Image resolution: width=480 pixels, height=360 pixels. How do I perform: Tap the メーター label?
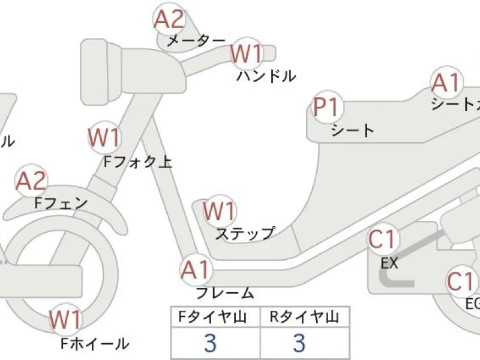196,41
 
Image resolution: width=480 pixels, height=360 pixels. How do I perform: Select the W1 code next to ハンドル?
247,54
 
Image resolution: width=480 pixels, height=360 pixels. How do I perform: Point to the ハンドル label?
266,76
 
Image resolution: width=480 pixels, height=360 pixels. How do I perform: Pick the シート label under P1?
352,130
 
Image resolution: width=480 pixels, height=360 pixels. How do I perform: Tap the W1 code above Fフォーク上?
104,138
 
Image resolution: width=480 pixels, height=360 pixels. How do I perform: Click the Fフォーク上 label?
138,161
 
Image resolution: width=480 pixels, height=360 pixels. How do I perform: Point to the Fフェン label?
61,203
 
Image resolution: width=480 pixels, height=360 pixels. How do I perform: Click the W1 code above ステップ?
219,212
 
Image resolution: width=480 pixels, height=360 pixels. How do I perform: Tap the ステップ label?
245,233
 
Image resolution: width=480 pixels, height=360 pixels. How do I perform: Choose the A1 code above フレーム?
196,271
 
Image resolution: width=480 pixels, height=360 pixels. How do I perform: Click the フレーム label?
225,293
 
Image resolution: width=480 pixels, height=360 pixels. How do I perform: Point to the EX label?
389,262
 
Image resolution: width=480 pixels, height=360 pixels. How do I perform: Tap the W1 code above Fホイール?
65,320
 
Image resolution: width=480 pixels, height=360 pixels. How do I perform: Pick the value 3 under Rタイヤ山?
299,343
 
